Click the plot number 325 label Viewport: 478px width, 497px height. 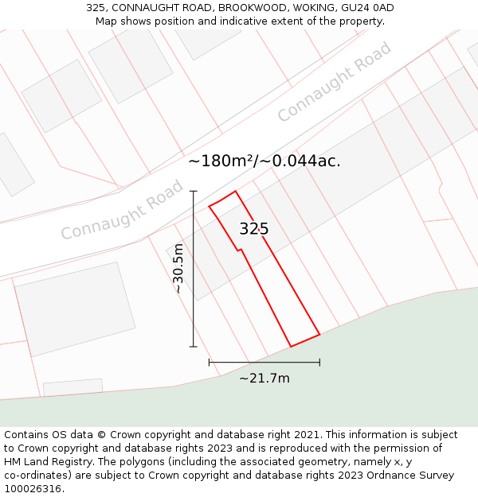[254, 229]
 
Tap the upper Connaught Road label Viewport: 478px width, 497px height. [335, 82]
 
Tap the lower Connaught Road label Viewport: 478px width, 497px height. [122, 211]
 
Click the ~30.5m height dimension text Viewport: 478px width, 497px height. [178, 269]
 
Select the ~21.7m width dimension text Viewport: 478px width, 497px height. [264, 379]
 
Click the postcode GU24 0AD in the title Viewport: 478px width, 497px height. [366, 8]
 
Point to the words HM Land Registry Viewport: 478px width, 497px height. [44, 462]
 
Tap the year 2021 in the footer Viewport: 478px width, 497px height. [305, 435]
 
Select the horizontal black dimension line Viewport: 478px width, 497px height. [264, 362]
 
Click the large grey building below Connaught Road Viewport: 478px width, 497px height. [75, 309]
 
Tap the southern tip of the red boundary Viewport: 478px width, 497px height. [291, 347]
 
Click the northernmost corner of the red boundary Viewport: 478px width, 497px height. [235, 191]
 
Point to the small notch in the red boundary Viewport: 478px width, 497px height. [238, 250]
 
